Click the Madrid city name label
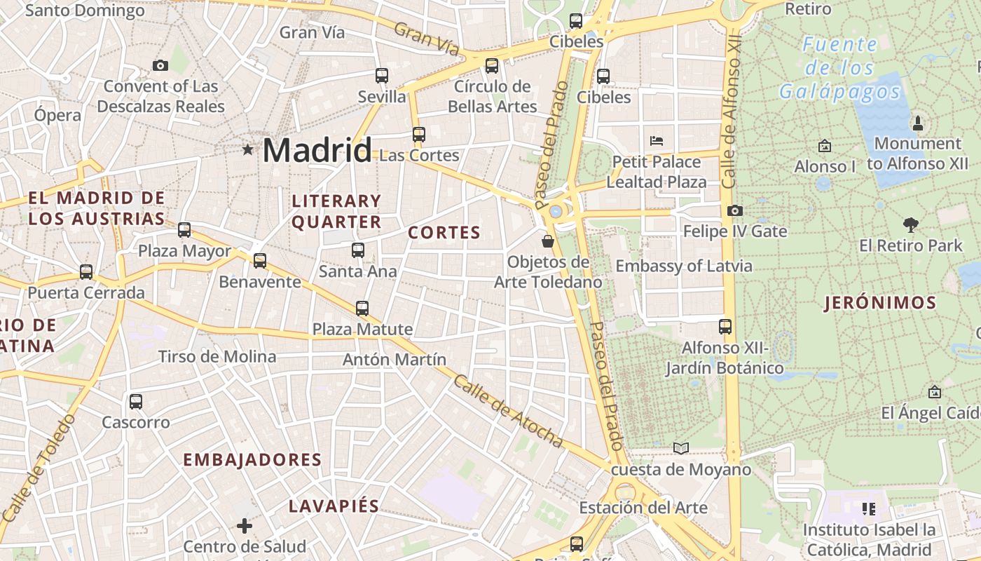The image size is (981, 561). coord(317,151)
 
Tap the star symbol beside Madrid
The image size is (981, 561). coord(247,149)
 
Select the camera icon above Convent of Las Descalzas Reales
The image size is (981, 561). coord(160,65)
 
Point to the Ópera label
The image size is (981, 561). coord(57,114)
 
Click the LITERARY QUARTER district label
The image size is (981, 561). coord(336,212)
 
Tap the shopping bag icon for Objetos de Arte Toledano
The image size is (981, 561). coord(548,241)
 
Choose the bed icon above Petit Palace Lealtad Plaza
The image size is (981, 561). coord(657,140)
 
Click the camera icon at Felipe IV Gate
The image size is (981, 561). coord(735,210)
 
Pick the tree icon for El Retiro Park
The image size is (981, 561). coord(911,225)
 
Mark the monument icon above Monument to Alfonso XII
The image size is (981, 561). coord(918,124)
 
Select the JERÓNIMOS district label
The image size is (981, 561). coord(881,303)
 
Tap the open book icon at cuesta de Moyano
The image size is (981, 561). coord(680,448)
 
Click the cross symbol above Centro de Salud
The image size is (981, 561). coord(245,525)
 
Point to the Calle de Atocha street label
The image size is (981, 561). coord(509,412)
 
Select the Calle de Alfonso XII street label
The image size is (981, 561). coord(732,112)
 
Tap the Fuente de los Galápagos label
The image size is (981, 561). coord(839,68)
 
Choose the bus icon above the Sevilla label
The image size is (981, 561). coord(382,76)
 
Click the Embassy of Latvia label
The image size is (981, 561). coord(684,266)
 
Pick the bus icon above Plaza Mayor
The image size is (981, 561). coord(184,230)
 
